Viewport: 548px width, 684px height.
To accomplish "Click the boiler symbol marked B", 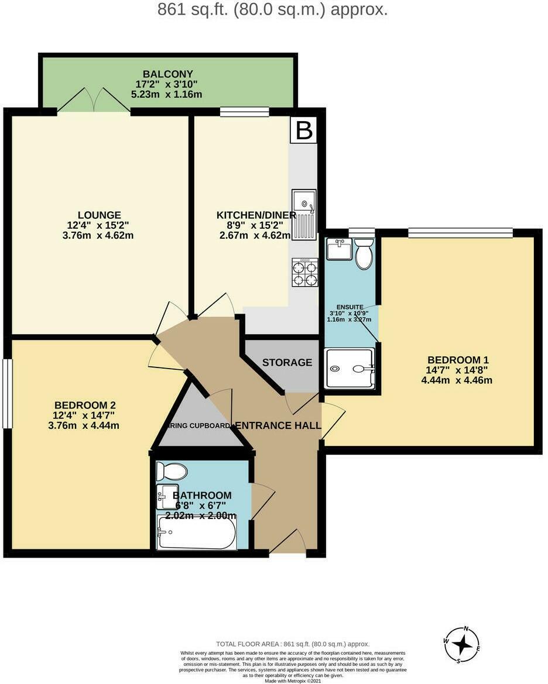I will [x=303, y=130].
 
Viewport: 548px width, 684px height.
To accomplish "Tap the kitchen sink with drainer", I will [x=304, y=214].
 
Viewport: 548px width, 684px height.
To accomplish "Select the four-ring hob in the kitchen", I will [x=305, y=272].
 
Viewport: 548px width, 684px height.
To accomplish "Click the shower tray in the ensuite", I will [x=350, y=369].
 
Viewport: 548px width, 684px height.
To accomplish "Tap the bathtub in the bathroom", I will [x=196, y=532].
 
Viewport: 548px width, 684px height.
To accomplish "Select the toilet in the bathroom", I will [x=172, y=471].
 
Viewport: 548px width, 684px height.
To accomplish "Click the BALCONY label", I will [x=168, y=74].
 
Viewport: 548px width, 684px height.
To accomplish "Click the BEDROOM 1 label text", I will [x=458, y=360].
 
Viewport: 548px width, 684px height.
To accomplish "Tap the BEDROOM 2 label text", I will [x=85, y=405].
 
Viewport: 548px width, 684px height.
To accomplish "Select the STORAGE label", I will [x=287, y=362].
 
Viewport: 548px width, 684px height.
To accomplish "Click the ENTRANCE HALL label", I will [x=278, y=425].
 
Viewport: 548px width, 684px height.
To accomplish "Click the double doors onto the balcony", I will [x=94, y=101].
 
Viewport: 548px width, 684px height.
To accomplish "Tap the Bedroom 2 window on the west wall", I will [x=7, y=393].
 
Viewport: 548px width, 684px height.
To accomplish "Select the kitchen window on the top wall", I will [x=244, y=112].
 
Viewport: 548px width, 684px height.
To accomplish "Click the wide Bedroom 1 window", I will [x=460, y=233].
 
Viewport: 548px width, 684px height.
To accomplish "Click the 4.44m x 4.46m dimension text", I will [x=457, y=380].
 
